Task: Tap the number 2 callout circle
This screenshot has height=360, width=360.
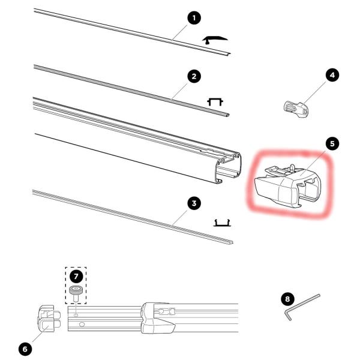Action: click(x=193, y=76)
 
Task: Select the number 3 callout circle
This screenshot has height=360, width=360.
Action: click(x=193, y=203)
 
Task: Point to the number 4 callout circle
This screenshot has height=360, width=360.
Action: click(x=332, y=75)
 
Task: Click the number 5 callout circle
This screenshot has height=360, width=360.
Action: click(x=332, y=144)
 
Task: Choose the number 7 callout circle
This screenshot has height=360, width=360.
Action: click(x=76, y=277)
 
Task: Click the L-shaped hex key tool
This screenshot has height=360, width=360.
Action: click(x=302, y=306)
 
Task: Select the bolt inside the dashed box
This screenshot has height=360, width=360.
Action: click(x=76, y=295)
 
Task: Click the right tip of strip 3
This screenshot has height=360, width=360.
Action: click(x=232, y=244)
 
